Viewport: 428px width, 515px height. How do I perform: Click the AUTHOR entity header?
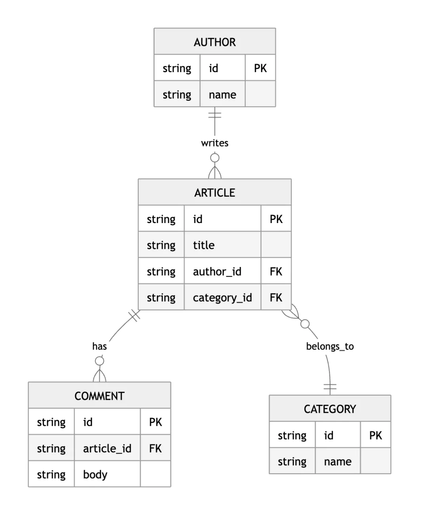click(215, 42)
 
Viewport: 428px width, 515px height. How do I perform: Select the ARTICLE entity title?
click(215, 193)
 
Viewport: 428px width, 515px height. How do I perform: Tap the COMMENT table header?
click(99, 396)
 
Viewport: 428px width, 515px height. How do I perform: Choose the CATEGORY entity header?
click(330, 409)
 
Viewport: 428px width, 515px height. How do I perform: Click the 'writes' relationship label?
click(215, 143)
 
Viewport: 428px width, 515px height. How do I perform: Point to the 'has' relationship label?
click(99, 346)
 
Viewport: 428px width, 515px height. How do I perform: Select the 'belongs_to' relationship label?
click(330, 347)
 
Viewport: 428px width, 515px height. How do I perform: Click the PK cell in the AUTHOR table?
click(260, 68)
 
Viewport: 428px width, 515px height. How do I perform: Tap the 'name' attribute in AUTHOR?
click(222, 95)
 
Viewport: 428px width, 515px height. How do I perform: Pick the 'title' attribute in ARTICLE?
click(204, 245)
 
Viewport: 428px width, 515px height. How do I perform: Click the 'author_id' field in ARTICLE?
click(217, 271)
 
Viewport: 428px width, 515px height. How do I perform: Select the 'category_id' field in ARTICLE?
click(222, 298)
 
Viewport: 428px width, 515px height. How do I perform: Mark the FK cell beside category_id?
click(276, 298)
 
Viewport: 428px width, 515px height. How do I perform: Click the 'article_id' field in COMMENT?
click(107, 448)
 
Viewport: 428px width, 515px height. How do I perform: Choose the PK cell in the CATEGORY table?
click(375, 435)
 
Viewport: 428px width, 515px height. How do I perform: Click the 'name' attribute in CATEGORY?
click(338, 462)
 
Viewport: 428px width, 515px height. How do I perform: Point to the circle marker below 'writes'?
click(215, 158)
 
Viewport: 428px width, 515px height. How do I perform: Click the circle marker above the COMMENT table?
click(99, 361)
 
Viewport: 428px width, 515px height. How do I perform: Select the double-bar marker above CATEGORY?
click(330, 387)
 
